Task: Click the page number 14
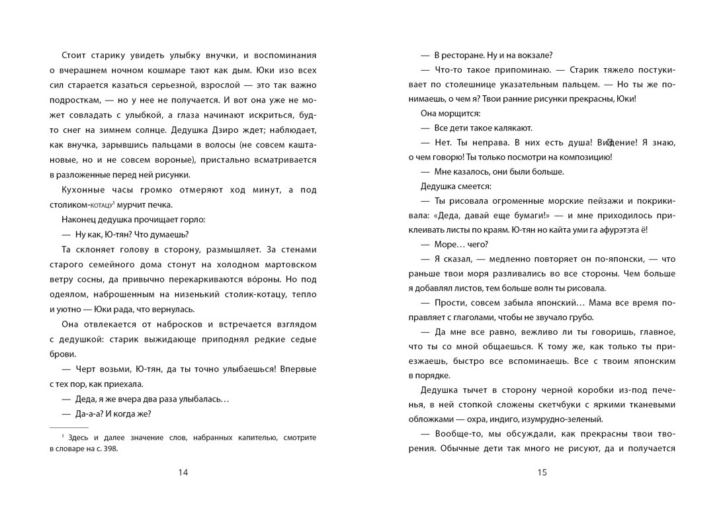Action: (x=183, y=472)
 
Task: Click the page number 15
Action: (x=542, y=472)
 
